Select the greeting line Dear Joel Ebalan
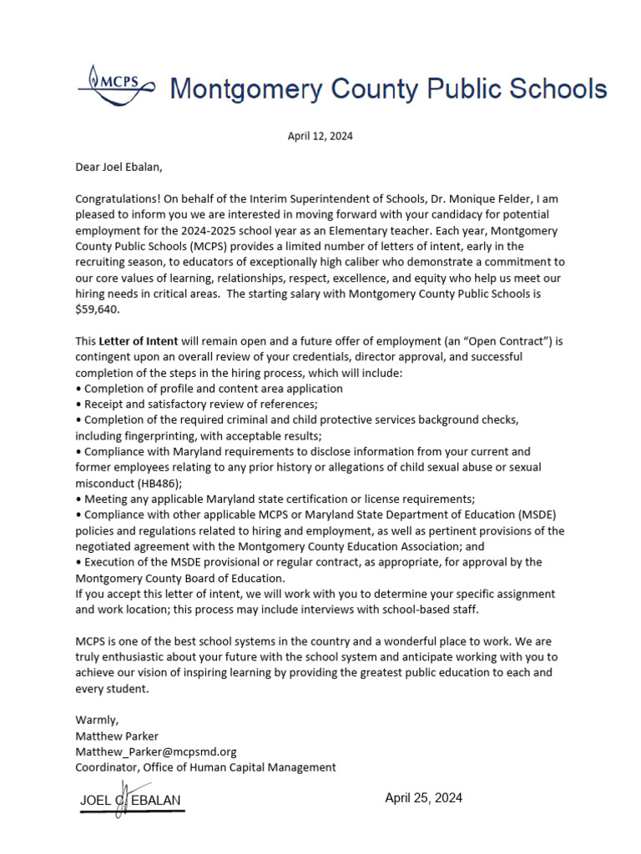[x=119, y=167]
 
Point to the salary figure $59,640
[x=98, y=309]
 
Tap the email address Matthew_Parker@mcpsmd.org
[x=156, y=751]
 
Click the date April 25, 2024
[x=423, y=798]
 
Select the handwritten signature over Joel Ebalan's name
[x=121, y=798]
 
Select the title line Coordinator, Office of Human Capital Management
[x=205, y=767]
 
